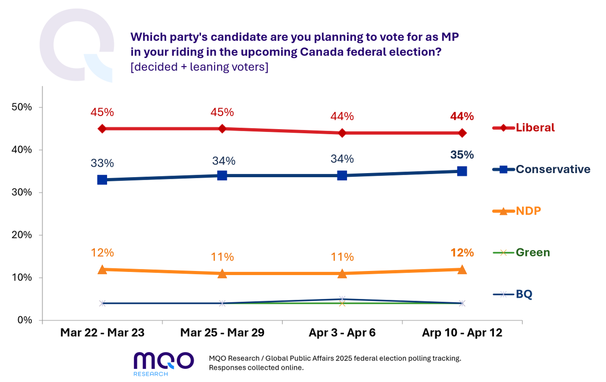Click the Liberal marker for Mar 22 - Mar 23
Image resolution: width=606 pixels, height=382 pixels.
(x=102, y=129)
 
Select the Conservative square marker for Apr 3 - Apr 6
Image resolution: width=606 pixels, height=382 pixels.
(x=342, y=176)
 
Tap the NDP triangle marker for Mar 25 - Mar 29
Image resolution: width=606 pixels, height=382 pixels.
(x=222, y=273)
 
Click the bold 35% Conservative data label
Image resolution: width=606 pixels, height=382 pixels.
(x=462, y=155)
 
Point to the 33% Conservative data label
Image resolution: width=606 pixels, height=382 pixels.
(x=102, y=163)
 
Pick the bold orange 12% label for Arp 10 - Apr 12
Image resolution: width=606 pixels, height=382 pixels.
(x=462, y=253)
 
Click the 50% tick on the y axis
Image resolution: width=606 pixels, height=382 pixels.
(x=22, y=107)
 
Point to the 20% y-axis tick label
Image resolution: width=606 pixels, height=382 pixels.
(x=22, y=235)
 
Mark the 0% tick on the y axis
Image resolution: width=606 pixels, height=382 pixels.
(x=24, y=320)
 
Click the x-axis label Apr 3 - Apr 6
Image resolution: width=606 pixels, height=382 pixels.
(x=342, y=333)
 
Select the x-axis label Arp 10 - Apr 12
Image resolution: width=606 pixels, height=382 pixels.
(x=462, y=333)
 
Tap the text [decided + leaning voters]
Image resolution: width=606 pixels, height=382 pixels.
(x=199, y=67)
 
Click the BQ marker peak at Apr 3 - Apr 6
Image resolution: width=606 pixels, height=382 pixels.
(x=342, y=299)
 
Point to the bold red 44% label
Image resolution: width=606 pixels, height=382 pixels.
(x=462, y=117)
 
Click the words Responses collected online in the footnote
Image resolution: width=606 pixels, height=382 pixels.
(x=256, y=367)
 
